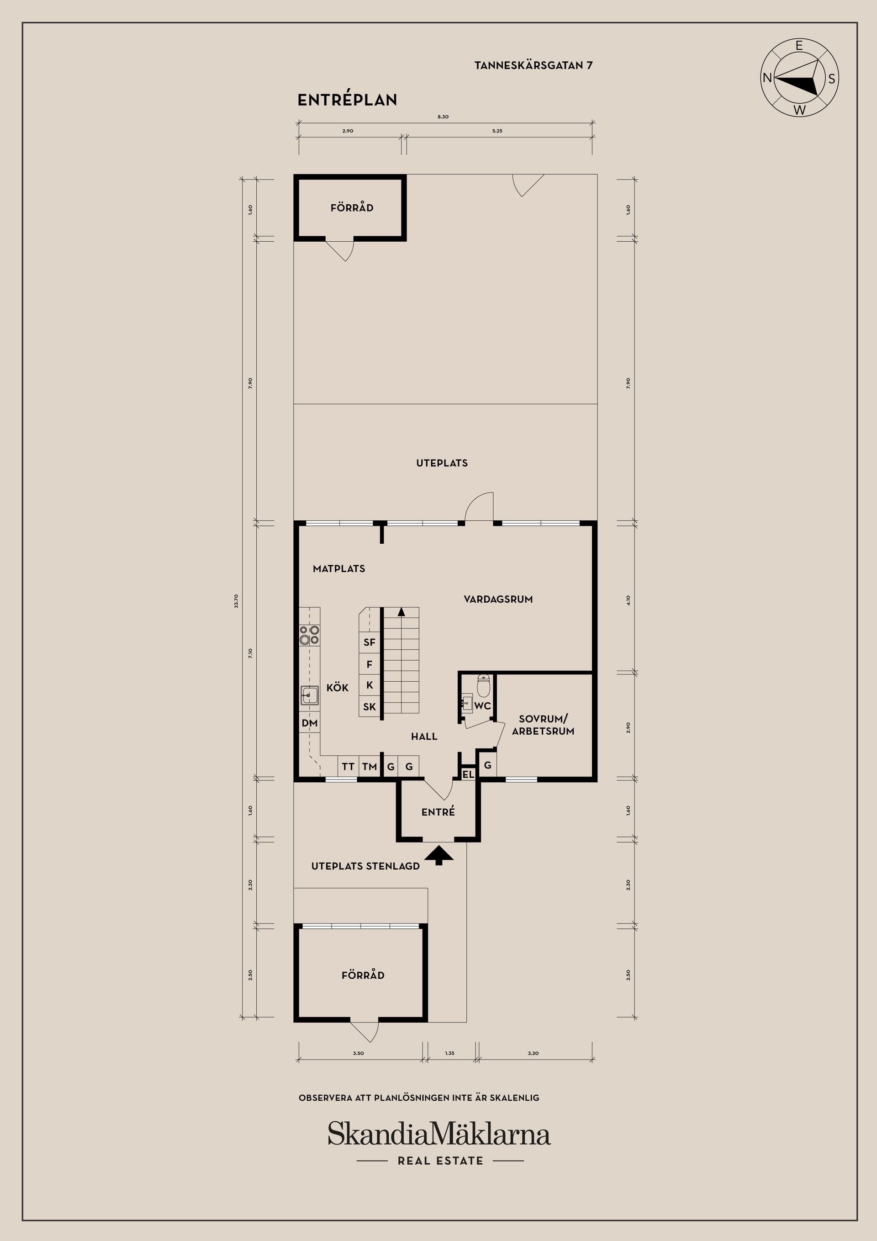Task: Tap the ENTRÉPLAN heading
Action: pyautogui.click(x=348, y=100)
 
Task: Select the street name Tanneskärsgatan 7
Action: pyautogui.click(x=534, y=65)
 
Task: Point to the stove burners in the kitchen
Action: pyautogui.click(x=310, y=635)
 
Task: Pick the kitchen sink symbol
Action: pyautogui.click(x=310, y=695)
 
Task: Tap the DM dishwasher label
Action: pyautogui.click(x=310, y=723)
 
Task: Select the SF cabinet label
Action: pyautogui.click(x=370, y=642)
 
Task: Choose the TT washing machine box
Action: pyautogui.click(x=348, y=766)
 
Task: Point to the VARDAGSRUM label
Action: pyautogui.click(x=498, y=599)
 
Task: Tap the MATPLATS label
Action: pyautogui.click(x=339, y=568)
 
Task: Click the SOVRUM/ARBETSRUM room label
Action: pyautogui.click(x=543, y=725)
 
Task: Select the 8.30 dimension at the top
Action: pyautogui.click(x=443, y=117)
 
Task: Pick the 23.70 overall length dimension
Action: pyautogui.click(x=236, y=601)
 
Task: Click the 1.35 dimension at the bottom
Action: pyautogui.click(x=450, y=1053)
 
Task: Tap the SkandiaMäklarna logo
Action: pyautogui.click(x=439, y=1134)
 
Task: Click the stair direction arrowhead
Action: pyautogui.click(x=402, y=612)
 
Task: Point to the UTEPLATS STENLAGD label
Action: pyautogui.click(x=365, y=866)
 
